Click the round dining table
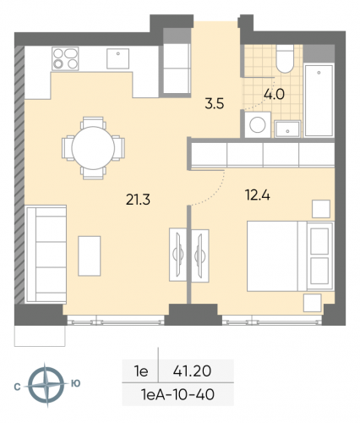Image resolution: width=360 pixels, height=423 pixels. [x=93, y=146]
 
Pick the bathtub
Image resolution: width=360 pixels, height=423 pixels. [x=319, y=100]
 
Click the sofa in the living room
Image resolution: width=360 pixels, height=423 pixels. [x=43, y=242]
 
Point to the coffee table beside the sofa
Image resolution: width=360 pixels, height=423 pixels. [x=89, y=255]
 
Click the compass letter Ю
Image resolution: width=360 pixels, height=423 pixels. [x=76, y=383]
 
